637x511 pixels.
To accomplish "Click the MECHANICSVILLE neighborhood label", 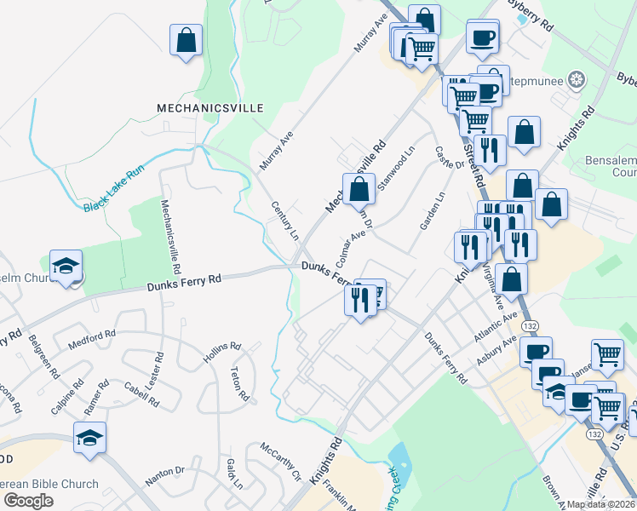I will pos(210,108).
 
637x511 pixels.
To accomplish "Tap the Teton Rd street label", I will pos(239,384).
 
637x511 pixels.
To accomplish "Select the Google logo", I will pos(28,500).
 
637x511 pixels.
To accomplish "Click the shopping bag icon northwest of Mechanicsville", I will pos(186,39).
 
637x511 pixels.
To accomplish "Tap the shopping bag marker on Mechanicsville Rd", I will pos(359,189).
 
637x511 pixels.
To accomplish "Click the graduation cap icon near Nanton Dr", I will pos(89,438).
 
